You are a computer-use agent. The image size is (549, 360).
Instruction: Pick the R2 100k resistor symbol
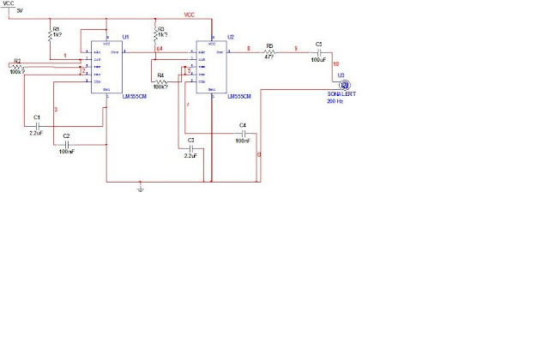(x=17, y=67)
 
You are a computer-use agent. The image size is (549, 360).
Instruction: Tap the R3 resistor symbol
(x=154, y=36)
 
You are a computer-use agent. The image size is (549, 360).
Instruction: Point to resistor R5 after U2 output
(x=269, y=52)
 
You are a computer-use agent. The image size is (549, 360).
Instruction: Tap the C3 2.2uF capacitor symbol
(x=190, y=147)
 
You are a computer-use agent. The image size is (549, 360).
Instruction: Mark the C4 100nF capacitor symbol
(x=243, y=133)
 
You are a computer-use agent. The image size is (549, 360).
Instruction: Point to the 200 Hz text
(x=335, y=101)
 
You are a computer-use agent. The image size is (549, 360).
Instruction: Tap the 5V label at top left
(x=20, y=10)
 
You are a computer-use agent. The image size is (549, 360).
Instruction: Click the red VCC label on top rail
(x=190, y=15)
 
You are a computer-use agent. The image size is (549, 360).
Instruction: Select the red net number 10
(x=336, y=64)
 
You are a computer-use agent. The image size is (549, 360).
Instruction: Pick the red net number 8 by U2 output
(x=249, y=49)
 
